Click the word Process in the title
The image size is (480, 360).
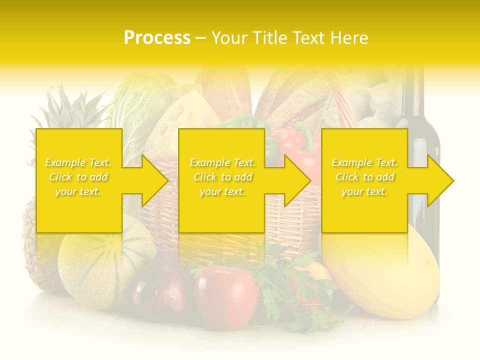pyautogui.click(x=157, y=38)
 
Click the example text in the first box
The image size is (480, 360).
pyautogui.click(x=78, y=177)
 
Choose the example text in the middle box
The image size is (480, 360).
pyautogui.click(x=222, y=177)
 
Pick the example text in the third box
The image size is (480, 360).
pyautogui.click(x=364, y=177)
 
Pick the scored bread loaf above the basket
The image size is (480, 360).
pyautogui.click(x=290, y=97)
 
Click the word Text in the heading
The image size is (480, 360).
pyautogui.click(x=310, y=38)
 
